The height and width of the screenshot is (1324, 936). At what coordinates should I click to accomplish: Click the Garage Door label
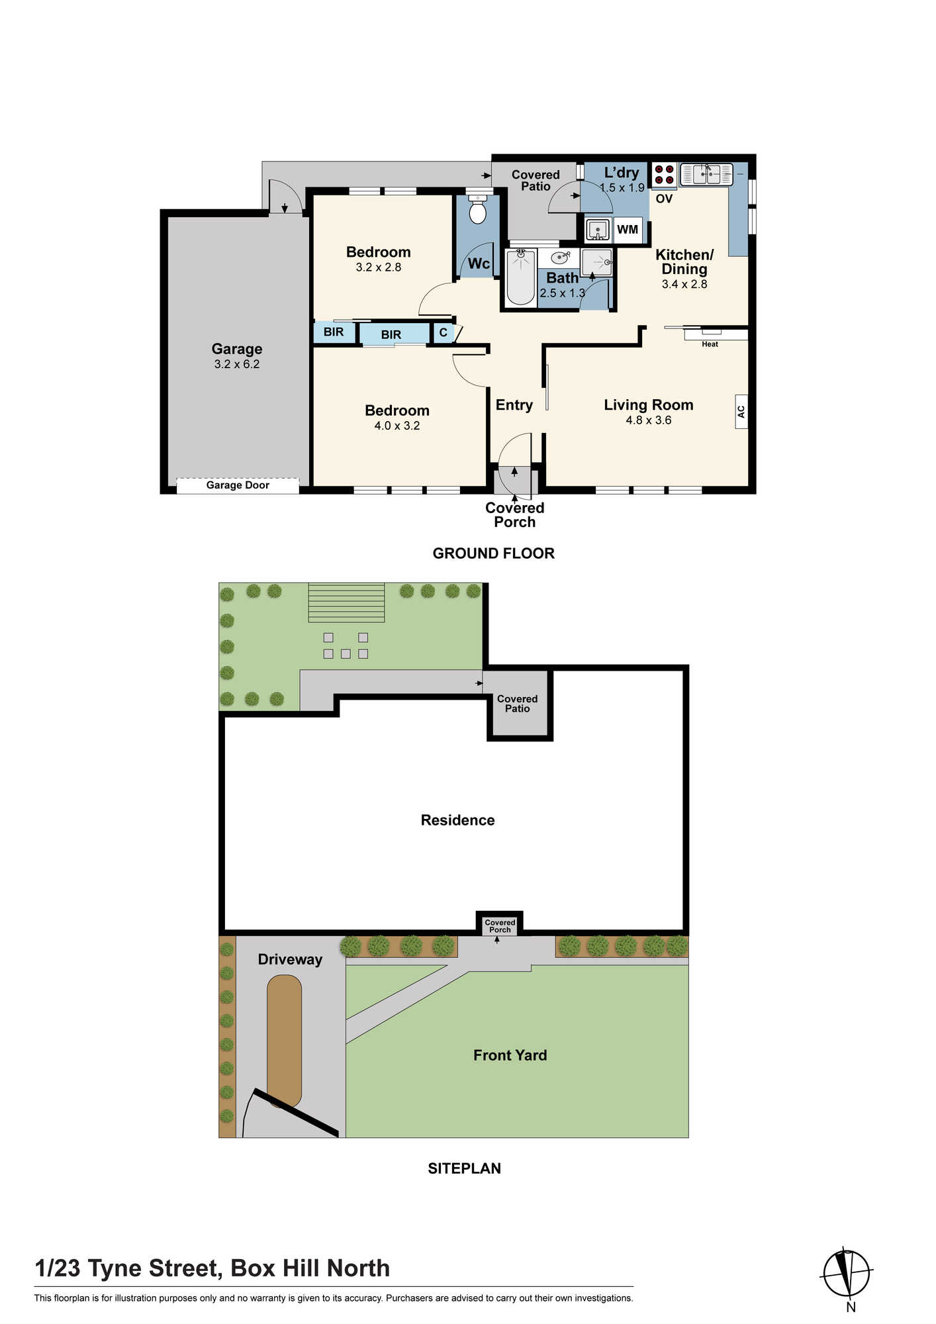click(x=238, y=485)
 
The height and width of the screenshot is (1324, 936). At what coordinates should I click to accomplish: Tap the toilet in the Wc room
click(x=477, y=209)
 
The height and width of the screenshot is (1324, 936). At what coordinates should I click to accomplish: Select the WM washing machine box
click(x=628, y=229)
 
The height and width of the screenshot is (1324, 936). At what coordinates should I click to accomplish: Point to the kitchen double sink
click(x=706, y=174)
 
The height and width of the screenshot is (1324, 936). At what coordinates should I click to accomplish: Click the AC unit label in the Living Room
click(x=741, y=412)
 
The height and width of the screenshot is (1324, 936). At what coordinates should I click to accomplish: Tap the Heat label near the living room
click(x=710, y=344)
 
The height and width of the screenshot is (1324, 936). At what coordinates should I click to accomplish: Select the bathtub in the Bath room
click(x=521, y=277)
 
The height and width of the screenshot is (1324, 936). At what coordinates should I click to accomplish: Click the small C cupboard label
click(x=444, y=333)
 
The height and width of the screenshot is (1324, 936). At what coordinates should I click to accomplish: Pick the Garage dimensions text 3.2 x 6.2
click(x=237, y=364)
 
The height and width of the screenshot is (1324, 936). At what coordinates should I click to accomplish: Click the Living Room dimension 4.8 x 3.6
click(x=649, y=420)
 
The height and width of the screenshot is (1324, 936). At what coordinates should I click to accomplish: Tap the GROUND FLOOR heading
click(x=494, y=553)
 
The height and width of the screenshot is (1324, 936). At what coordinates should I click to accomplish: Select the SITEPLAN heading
click(x=465, y=1168)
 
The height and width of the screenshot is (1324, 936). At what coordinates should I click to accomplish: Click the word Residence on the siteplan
click(x=458, y=820)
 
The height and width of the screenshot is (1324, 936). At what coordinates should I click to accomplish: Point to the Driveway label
click(x=290, y=960)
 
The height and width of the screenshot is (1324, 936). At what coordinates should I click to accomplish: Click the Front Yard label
click(x=510, y=1055)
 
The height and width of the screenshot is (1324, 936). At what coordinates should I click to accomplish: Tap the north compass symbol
click(x=847, y=1273)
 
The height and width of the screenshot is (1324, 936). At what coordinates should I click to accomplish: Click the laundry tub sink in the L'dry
click(x=598, y=229)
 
